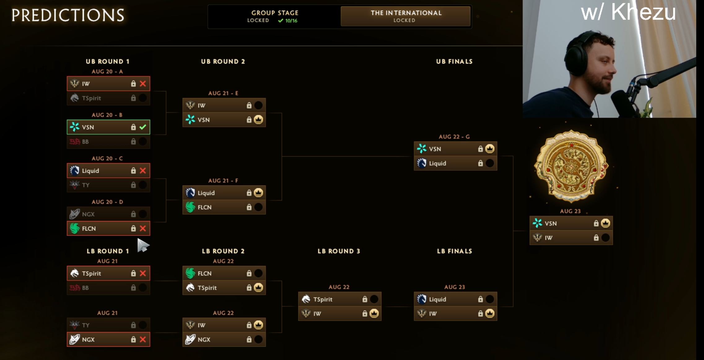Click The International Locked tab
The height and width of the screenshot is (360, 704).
[x=405, y=16]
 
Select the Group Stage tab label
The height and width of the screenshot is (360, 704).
[x=275, y=13]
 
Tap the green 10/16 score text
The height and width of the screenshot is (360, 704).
[x=291, y=21]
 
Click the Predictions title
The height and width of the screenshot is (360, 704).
[x=68, y=15]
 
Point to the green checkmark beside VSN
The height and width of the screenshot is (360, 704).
[x=143, y=127]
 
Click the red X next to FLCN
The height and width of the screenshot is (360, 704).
[x=143, y=228]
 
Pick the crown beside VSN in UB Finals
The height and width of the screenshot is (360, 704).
[x=490, y=149]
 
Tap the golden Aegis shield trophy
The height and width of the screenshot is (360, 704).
[x=571, y=166]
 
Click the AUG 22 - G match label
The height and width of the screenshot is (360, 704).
[x=454, y=137]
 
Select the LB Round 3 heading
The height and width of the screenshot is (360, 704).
[x=339, y=251]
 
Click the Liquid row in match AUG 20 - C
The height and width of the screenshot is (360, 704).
[x=108, y=171]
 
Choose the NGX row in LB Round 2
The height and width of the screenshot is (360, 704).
[x=224, y=340]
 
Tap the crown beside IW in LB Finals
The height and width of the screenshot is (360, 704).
[x=490, y=314]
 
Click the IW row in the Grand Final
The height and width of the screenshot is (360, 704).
[x=571, y=238]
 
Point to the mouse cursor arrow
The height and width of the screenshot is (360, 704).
[x=143, y=245]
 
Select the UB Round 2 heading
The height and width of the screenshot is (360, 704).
[x=223, y=61]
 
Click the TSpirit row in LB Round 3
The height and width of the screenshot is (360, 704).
[x=340, y=299]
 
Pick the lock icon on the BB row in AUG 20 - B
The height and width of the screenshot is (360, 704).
[x=133, y=141]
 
